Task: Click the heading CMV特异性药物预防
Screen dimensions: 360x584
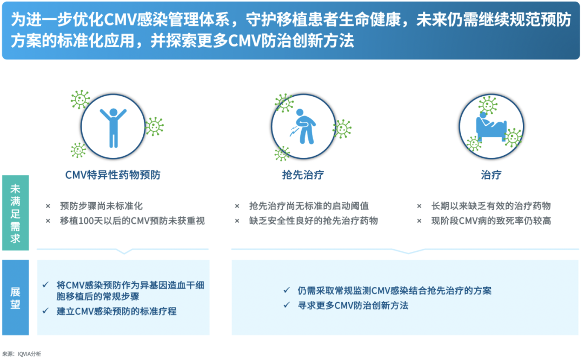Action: (112, 175)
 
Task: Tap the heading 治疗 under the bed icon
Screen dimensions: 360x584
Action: (491, 175)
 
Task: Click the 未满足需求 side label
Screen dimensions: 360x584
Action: (15, 213)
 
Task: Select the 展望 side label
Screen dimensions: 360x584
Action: (15, 298)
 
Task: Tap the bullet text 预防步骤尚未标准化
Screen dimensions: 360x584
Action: (102, 206)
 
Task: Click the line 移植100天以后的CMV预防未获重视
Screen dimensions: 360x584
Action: (132, 221)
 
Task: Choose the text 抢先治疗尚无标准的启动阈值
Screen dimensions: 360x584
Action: (309, 206)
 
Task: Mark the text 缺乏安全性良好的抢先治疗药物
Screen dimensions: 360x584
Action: (313, 221)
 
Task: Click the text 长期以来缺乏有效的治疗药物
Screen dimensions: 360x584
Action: (490, 206)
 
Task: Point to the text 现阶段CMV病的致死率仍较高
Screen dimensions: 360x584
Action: (490, 221)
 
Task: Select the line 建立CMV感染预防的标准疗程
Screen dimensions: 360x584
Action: (117, 311)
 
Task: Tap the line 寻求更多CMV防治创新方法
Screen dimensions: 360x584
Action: (353, 305)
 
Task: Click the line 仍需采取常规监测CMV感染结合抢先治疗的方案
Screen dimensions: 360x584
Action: (395, 290)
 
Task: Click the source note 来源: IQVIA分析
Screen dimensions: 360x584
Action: (22, 354)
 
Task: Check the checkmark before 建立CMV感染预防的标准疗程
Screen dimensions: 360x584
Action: (45, 311)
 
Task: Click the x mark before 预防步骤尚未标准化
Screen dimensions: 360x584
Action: (48, 206)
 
